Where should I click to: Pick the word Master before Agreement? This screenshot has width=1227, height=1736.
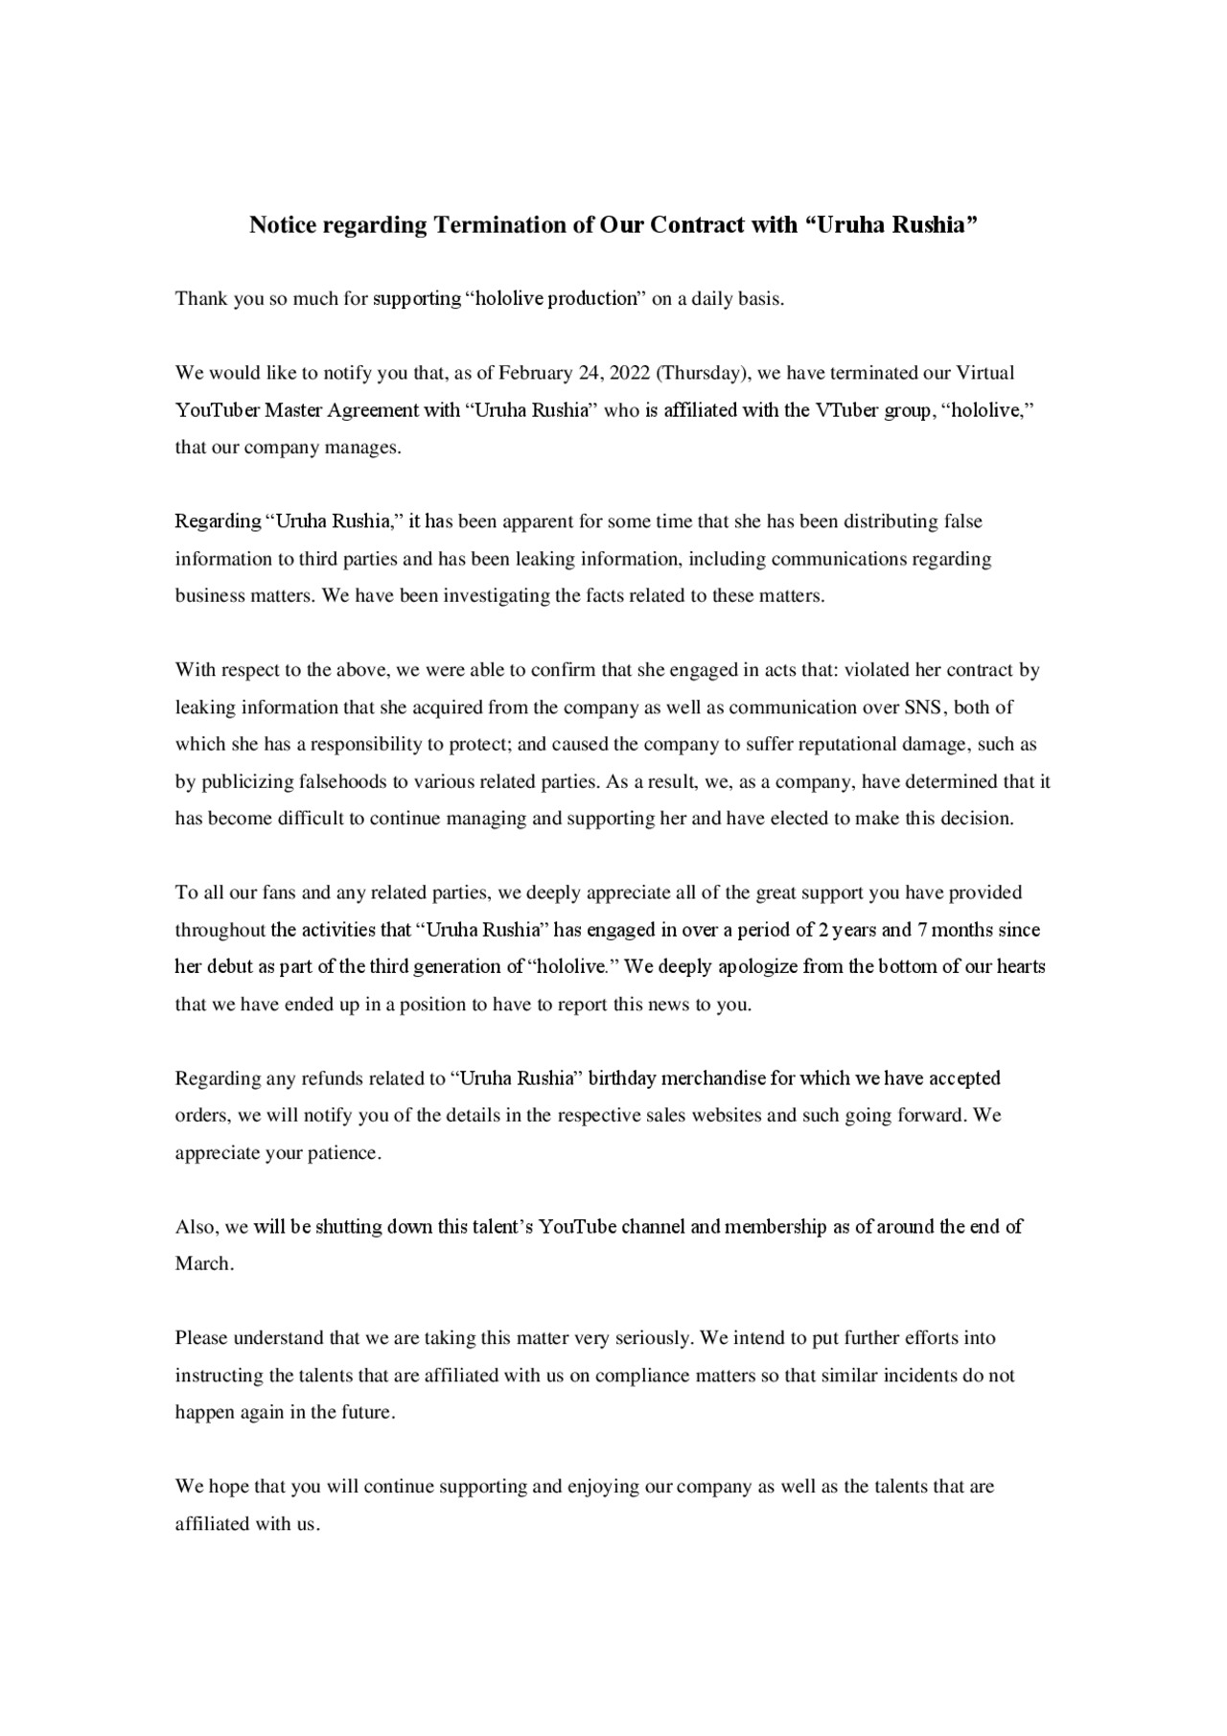click(x=294, y=410)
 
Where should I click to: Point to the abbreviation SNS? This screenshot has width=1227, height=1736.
click(x=924, y=708)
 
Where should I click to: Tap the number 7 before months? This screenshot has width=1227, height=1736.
click(x=921, y=930)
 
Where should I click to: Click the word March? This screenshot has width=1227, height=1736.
click(x=203, y=1264)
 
